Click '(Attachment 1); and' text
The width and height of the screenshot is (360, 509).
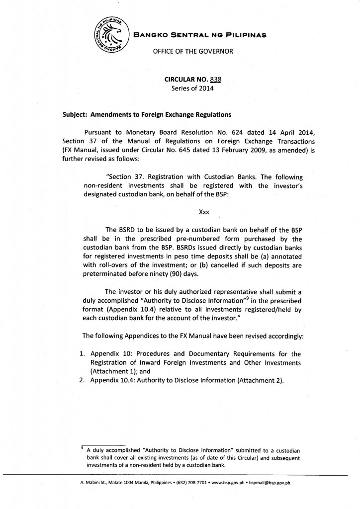120,371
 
